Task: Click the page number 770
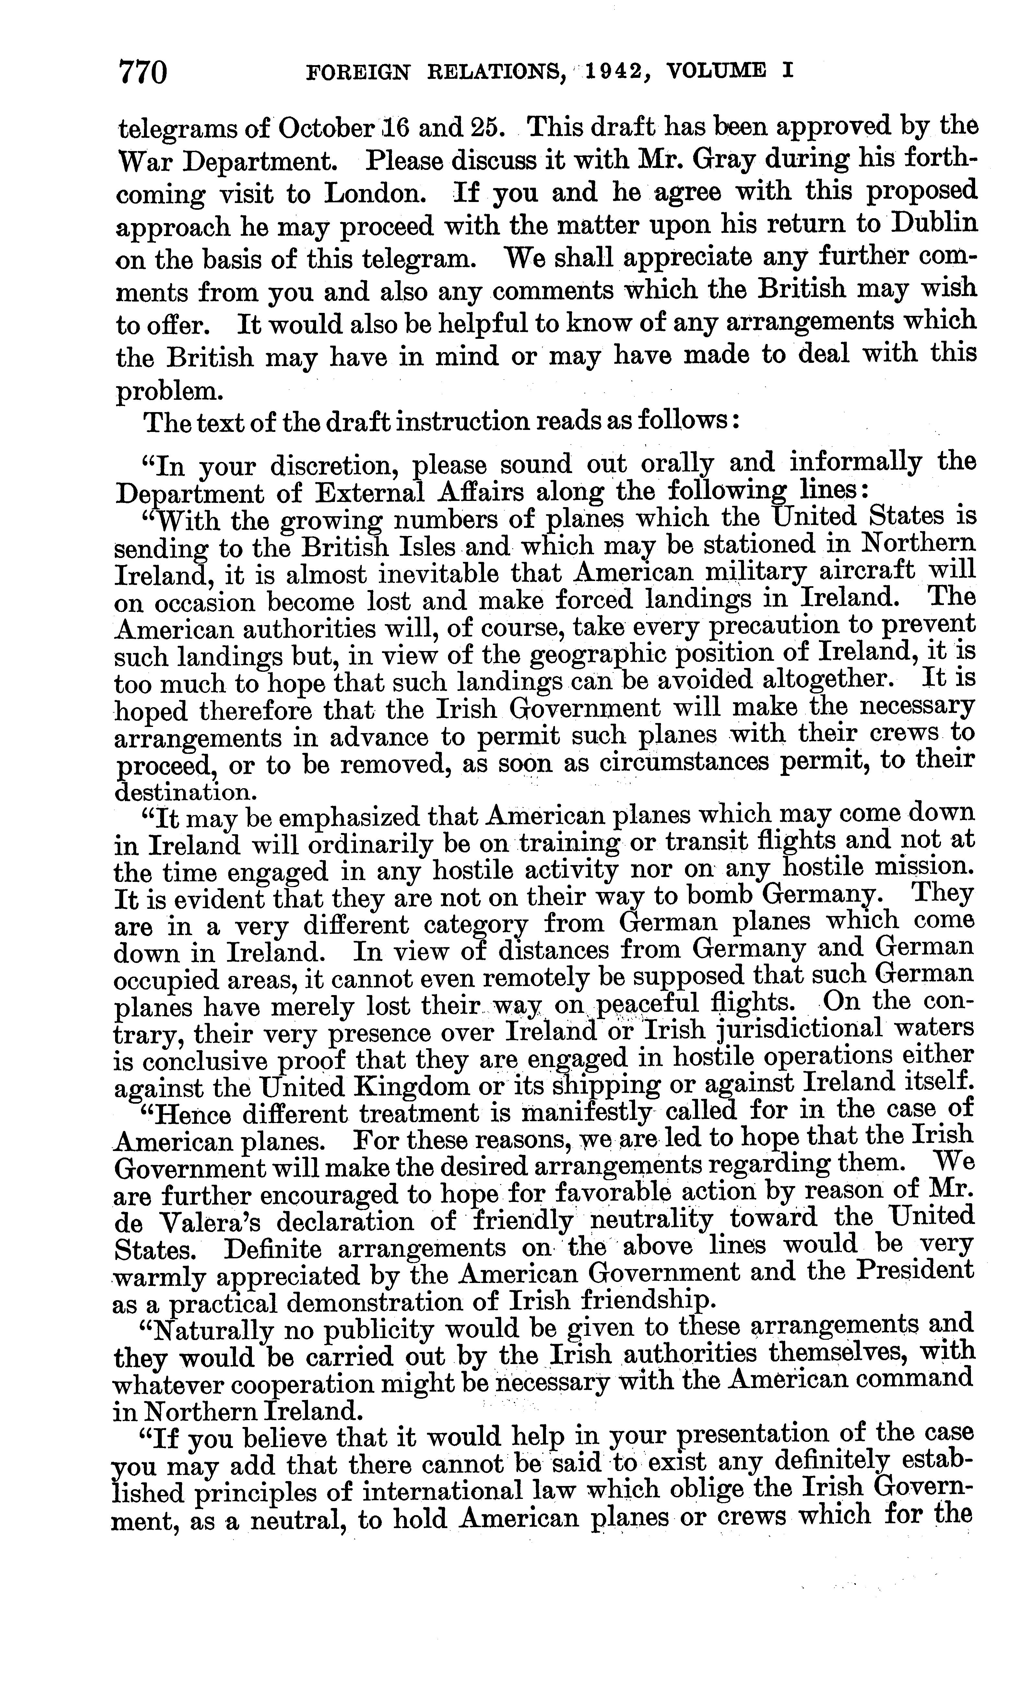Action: (143, 73)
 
